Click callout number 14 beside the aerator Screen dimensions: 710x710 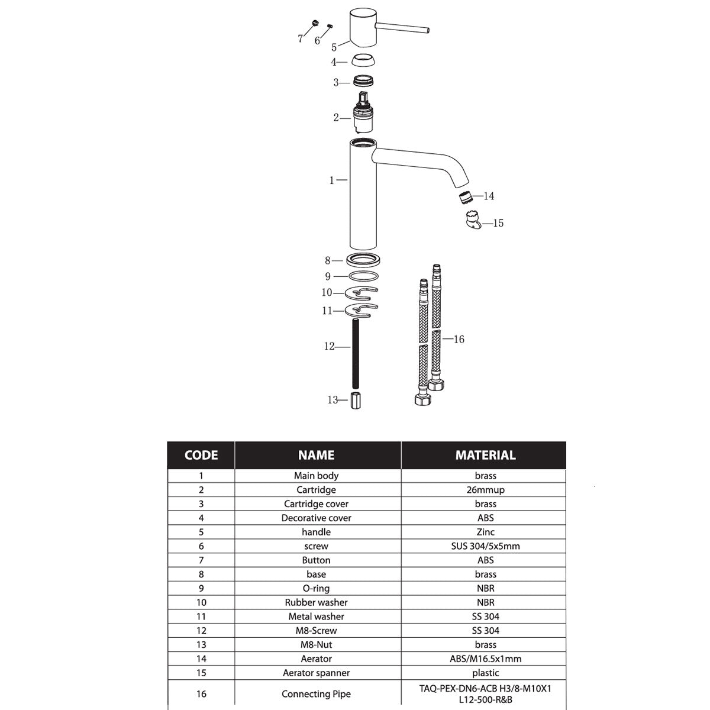pyautogui.click(x=489, y=196)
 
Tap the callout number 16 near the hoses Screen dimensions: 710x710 pyautogui.click(x=459, y=339)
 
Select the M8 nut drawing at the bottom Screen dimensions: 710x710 pyautogui.click(x=356, y=401)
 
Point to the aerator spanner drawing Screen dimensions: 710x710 pyautogui.click(x=472, y=220)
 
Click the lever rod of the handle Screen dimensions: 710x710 pyautogui.click(x=402, y=28)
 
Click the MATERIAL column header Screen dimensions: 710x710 pyautogui.click(x=485, y=455)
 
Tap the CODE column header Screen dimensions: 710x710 pyautogui.click(x=201, y=455)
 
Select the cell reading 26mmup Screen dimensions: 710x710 pyautogui.click(x=485, y=490)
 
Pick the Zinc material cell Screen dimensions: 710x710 pyautogui.click(x=485, y=532)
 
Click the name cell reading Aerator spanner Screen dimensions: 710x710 pyautogui.click(x=316, y=673)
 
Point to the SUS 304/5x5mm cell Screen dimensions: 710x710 pyautogui.click(x=485, y=546)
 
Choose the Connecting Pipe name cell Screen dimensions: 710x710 pyautogui.click(x=316, y=694)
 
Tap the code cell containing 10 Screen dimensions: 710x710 pyautogui.click(x=201, y=602)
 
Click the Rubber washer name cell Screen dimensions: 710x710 pyautogui.click(x=316, y=602)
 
